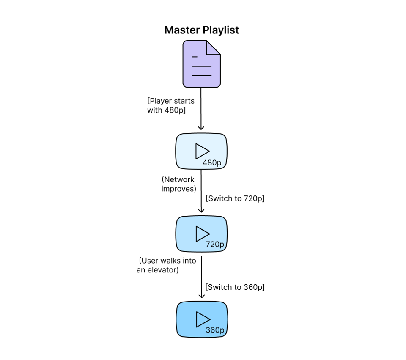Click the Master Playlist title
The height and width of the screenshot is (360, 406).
[x=202, y=30]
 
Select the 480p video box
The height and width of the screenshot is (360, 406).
[x=201, y=151]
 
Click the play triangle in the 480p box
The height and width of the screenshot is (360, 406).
[x=202, y=151]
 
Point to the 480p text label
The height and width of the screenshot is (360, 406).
[x=212, y=163]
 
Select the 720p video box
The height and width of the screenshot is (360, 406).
[x=201, y=234]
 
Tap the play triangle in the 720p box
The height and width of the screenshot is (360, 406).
[x=202, y=234]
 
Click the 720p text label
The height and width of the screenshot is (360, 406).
[x=215, y=245]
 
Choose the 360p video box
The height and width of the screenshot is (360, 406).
[x=201, y=319]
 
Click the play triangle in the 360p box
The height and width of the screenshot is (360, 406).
[x=202, y=319]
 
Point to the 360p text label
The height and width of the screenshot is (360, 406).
[x=215, y=330]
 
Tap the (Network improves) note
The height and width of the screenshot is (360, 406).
[x=178, y=184]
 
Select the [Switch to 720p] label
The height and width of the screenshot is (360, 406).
[x=235, y=198]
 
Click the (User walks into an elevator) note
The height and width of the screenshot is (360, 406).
[x=167, y=265]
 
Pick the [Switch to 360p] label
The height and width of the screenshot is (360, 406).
[x=235, y=287]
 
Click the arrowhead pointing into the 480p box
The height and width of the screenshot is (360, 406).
[x=201, y=127]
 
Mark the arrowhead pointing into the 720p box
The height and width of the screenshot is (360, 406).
[x=201, y=210]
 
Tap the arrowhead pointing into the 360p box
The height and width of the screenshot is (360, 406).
[x=201, y=296]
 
